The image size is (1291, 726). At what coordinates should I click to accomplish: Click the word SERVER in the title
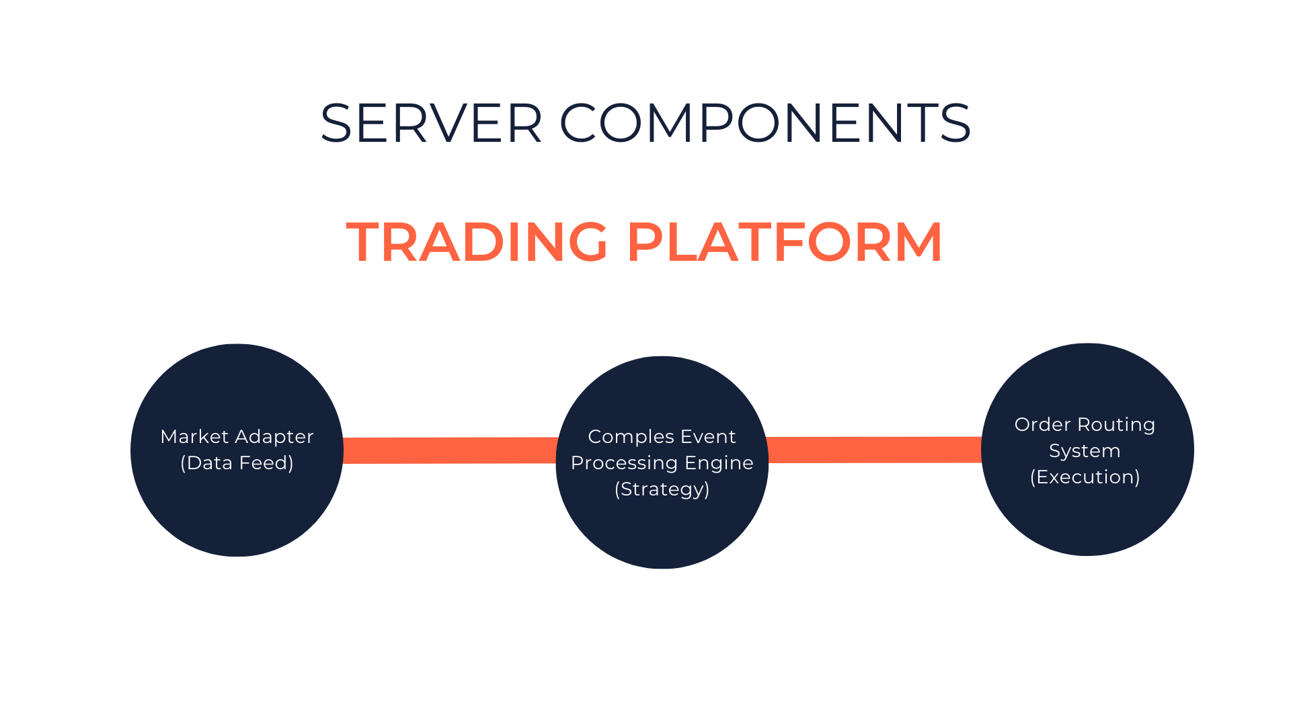point(431,123)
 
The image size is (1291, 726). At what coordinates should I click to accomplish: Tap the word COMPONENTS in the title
point(765,123)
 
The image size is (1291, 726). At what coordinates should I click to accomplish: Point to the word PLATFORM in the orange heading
point(785,242)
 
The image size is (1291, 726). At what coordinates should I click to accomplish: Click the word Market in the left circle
point(194,437)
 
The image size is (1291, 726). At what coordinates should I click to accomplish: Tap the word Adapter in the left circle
point(274,437)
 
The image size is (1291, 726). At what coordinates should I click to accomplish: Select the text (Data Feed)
point(237,463)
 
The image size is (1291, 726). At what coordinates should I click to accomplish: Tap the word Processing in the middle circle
point(624,463)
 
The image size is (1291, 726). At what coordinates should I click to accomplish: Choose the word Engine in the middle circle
point(719,463)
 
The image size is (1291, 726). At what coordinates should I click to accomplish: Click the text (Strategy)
point(662,489)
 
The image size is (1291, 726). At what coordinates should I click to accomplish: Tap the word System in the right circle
point(1085,451)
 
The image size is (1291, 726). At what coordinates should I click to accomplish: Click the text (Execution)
point(1085,477)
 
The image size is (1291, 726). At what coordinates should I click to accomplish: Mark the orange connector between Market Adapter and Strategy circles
point(450,450)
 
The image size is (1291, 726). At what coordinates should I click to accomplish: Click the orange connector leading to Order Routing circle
point(874,450)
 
